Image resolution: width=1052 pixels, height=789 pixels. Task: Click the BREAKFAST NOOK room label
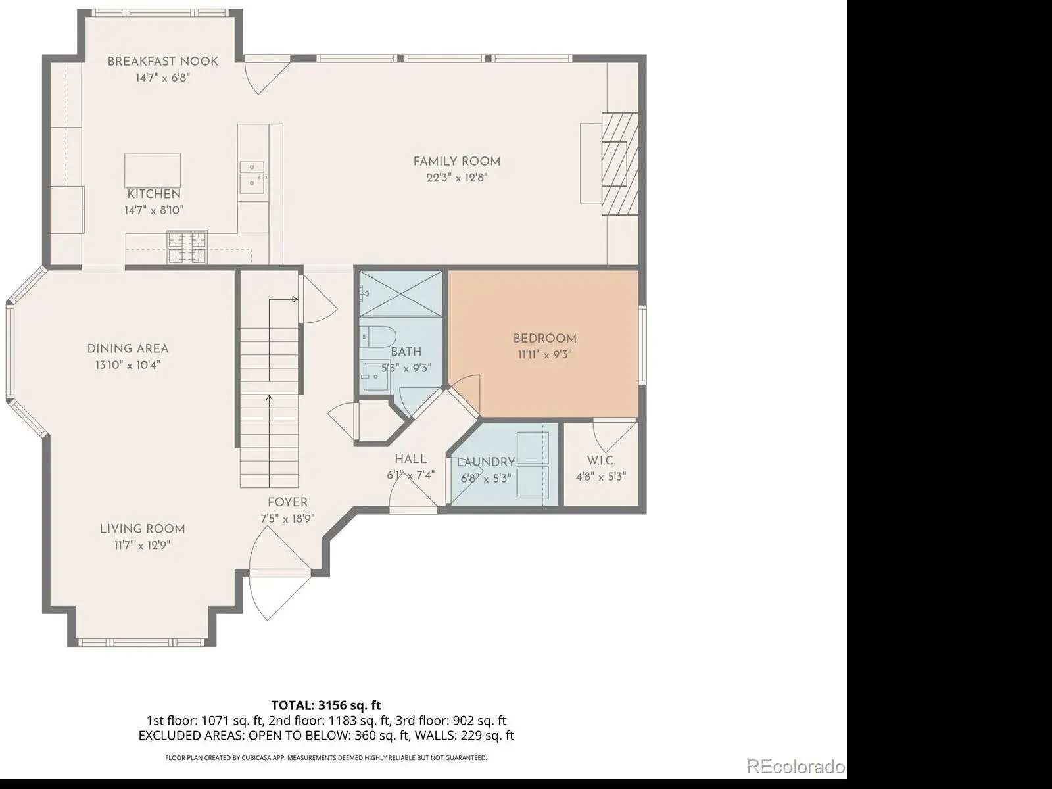click(x=162, y=61)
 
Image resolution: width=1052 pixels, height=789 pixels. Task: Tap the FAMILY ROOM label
click(x=457, y=162)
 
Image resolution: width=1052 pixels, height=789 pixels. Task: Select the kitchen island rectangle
click(x=153, y=170)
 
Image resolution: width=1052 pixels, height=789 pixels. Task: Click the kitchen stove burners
click(x=187, y=248)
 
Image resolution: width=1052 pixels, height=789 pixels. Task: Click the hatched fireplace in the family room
click(x=620, y=164)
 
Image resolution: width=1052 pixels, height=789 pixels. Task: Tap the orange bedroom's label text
click(x=544, y=339)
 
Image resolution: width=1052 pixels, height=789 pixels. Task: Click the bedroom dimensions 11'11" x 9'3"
click(x=544, y=355)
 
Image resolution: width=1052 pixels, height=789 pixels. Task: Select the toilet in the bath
click(x=376, y=337)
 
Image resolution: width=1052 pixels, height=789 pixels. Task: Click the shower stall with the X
click(x=400, y=294)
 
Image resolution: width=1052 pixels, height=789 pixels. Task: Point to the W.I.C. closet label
click(x=601, y=460)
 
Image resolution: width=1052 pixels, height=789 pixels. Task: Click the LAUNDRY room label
click(x=485, y=462)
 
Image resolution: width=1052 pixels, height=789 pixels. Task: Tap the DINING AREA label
click(x=128, y=348)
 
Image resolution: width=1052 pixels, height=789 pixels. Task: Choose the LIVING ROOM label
click(x=142, y=529)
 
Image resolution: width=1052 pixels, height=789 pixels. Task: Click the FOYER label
click(x=287, y=502)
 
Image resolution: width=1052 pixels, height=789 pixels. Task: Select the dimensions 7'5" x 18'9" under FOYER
click(x=287, y=519)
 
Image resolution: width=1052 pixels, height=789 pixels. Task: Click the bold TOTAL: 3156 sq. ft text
click(x=326, y=705)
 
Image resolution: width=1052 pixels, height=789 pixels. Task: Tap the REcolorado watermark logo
click(x=796, y=767)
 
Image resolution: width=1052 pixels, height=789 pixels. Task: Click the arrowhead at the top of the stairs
click(x=295, y=299)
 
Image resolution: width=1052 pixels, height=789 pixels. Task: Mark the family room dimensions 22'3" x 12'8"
click(x=457, y=178)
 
